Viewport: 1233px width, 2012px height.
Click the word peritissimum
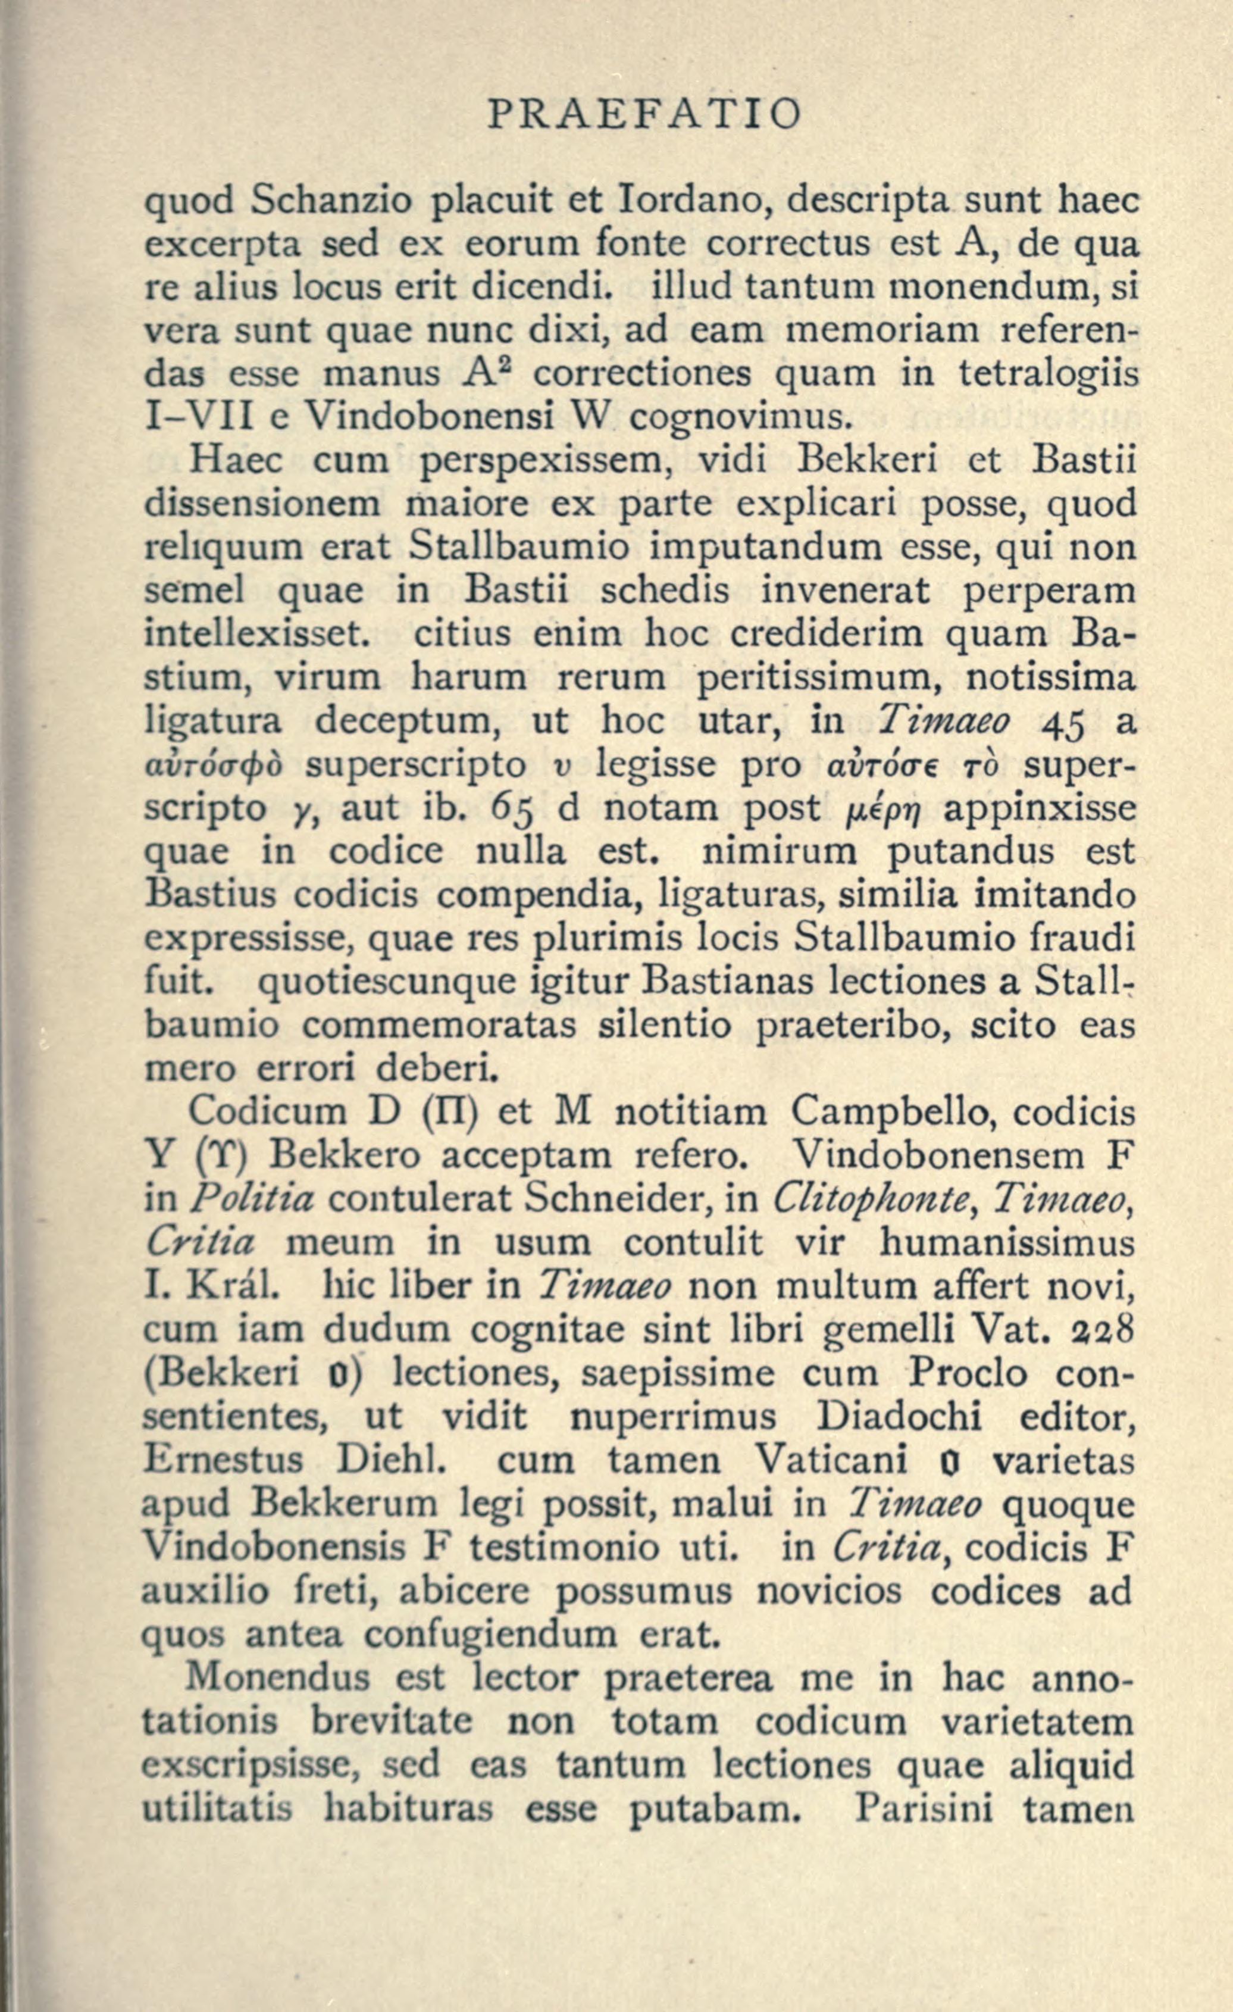pyautogui.click(x=820, y=679)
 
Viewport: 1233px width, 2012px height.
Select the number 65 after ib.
pyautogui.click(x=516, y=809)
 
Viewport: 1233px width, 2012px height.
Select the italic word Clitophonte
pyautogui.click(x=865, y=1199)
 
